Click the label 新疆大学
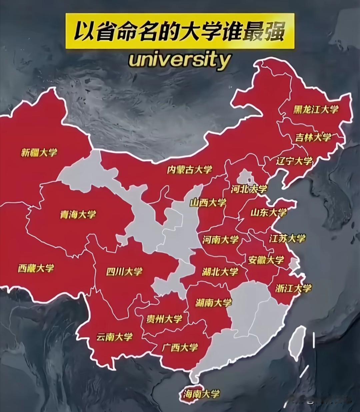click(x=39, y=153)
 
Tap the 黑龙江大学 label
click(x=316, y=109)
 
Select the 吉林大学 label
click(x=313, y=137)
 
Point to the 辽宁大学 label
click(x=294, y=161)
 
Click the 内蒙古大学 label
click(x=189, y=169)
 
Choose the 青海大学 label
click(x=78, y=214)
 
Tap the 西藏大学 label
click(x=36, y=268)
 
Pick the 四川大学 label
click(x=124, y=272)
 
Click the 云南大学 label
click(x=114, y=337)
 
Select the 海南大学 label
click(x=201, y=394)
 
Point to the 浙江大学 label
click(x=293, y=288)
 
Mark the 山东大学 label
click(x=269, y=212)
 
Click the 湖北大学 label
click(x=220, y=272)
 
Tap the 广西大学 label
click(x=180, y=348)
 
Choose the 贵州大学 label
click(x=164, y=319)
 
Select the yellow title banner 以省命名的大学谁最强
click(x=179, y=31)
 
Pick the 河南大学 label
click(x=220, y=239)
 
